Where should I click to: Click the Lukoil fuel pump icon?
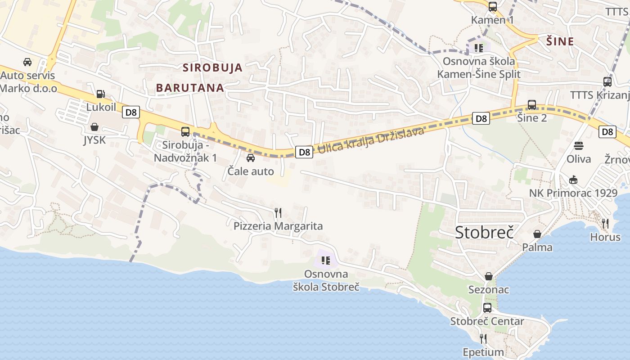[x=100, y=94]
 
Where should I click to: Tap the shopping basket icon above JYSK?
[x=94, y=127]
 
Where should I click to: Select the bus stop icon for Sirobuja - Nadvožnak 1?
[x=185, y=131]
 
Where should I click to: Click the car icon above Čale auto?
[x=251, y=158]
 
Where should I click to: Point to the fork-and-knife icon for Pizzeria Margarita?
[x=278, y=212]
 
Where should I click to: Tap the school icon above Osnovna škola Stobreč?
[x=326, y=260]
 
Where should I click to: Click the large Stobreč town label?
[x=484, y=232]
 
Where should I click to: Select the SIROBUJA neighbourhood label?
[x=212, y=68]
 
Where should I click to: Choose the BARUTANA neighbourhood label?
[x=190, y=88]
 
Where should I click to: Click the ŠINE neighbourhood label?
[x=560, y=42]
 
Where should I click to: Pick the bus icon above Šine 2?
[x=532, y=105]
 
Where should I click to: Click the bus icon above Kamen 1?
[x=493, y=6]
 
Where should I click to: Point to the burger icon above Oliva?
[x=579, y=146]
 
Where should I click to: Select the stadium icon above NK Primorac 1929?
[x=573, y=180]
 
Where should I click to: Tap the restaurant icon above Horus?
[x=605, y=223]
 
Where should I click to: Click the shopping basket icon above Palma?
[x=537, y=234]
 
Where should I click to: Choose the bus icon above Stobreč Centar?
[x=487, y=308]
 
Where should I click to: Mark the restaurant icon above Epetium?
[x=483, y=338]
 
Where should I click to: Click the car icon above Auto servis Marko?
[x=27, y=62]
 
